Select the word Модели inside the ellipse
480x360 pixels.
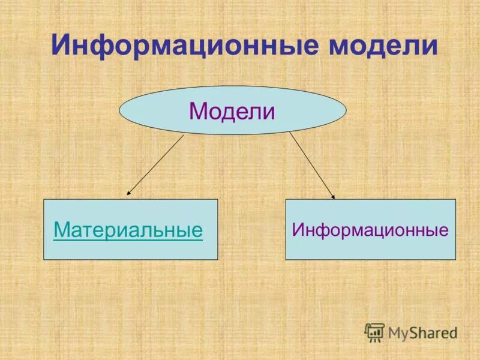pos(232,111)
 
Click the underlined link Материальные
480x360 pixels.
pos(128,230)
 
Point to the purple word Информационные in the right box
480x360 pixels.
pos(370,230)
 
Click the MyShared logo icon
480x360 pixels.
pos(374,332)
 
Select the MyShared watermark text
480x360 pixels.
pos(422,332)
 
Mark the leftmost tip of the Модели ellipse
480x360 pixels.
pos(120,110)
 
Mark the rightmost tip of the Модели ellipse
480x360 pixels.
pos(346,110)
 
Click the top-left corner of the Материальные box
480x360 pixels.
pos(44,200)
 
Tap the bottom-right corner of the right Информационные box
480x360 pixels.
pos(455,259)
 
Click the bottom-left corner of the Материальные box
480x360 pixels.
pos(44,259)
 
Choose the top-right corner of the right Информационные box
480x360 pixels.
pos(455,200)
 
